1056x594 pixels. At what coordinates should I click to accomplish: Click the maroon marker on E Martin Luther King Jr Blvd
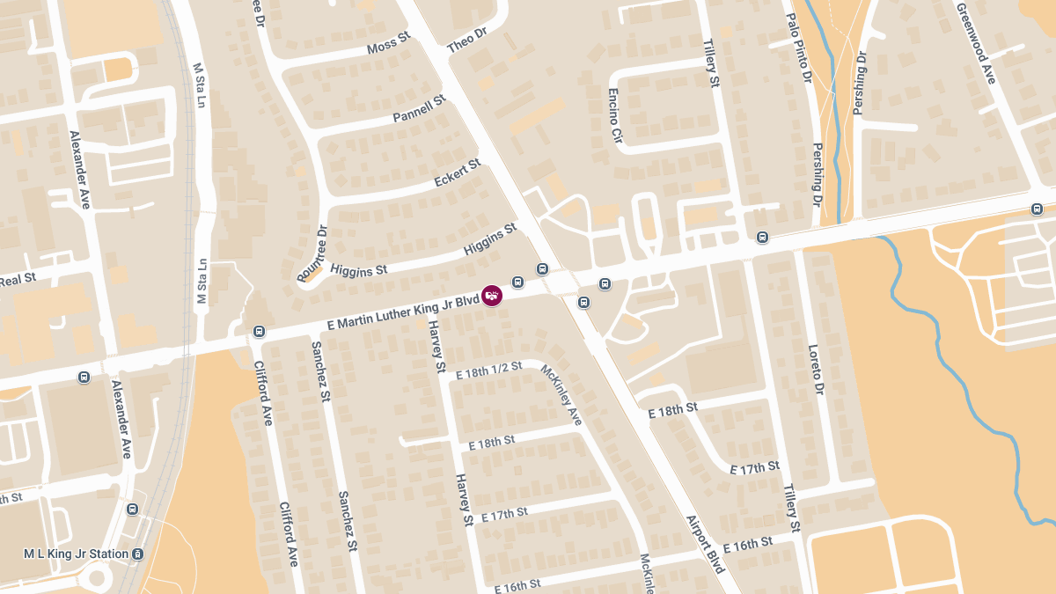coord(493,295)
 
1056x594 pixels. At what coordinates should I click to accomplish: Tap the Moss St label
coord(389,44)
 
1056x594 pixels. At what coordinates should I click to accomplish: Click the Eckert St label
coord(458,172)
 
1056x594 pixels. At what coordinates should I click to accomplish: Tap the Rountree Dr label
coord(312,255)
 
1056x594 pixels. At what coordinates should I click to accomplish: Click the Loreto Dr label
coord(814,369)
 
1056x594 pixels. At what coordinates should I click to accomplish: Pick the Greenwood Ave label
coord(976,42)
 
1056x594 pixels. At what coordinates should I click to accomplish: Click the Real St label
coord(18,279)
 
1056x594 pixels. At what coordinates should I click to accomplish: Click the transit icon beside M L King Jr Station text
coord(138,554)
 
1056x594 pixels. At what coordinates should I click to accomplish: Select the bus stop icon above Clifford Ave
coord(259,332)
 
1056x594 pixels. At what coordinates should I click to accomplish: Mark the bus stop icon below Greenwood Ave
coord(1037,209)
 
